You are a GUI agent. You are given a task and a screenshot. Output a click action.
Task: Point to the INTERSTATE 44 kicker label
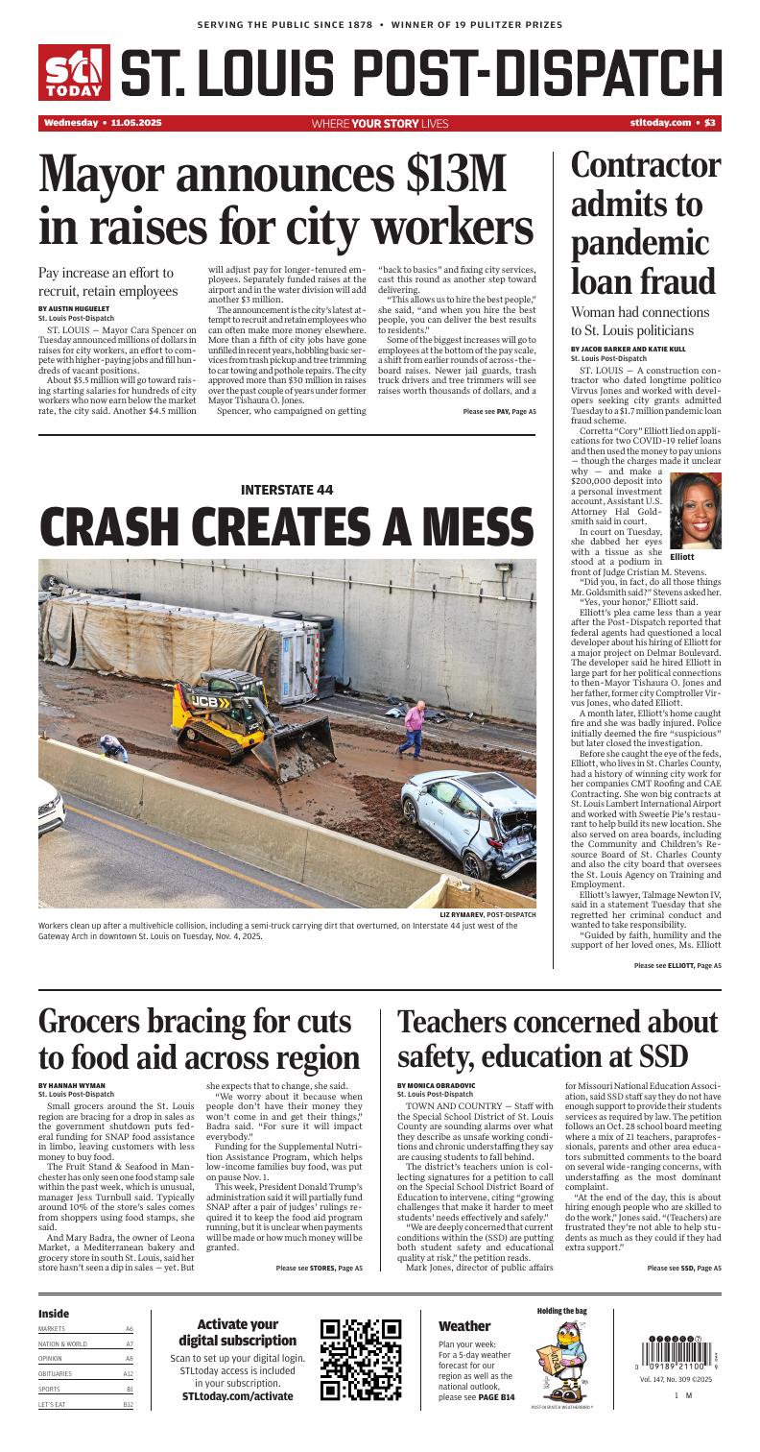coord(287,490)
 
